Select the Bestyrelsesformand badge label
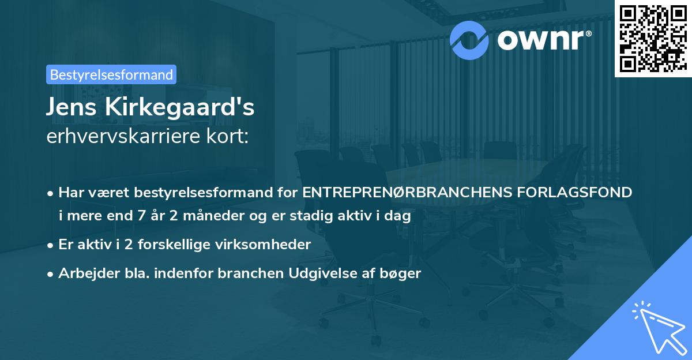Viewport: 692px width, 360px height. (x=111, y=74)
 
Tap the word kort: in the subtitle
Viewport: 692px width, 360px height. (x=230, y=137)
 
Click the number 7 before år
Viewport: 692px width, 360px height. (x=140, y=216)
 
